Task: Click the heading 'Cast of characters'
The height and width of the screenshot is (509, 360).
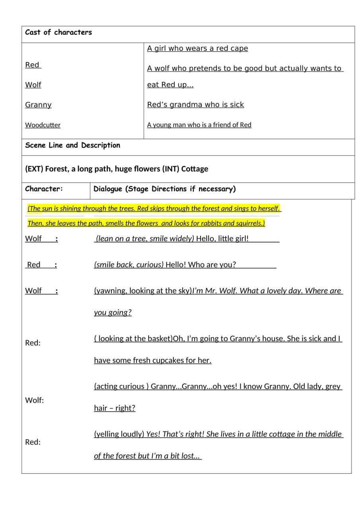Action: (x=58, y=33)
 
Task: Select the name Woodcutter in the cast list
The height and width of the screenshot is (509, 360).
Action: (x=43, y=125)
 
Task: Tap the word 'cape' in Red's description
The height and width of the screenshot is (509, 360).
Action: (x=239, y=49)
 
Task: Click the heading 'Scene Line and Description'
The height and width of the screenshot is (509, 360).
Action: (x=72, y=146)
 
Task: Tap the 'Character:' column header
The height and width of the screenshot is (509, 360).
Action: (x=44, y=189)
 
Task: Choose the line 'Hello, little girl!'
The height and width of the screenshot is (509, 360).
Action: (x=222, y=239)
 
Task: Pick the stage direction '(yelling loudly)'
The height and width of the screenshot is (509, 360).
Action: (x=119, y=434)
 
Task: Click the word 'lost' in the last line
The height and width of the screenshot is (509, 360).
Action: (x=187, y=456)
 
